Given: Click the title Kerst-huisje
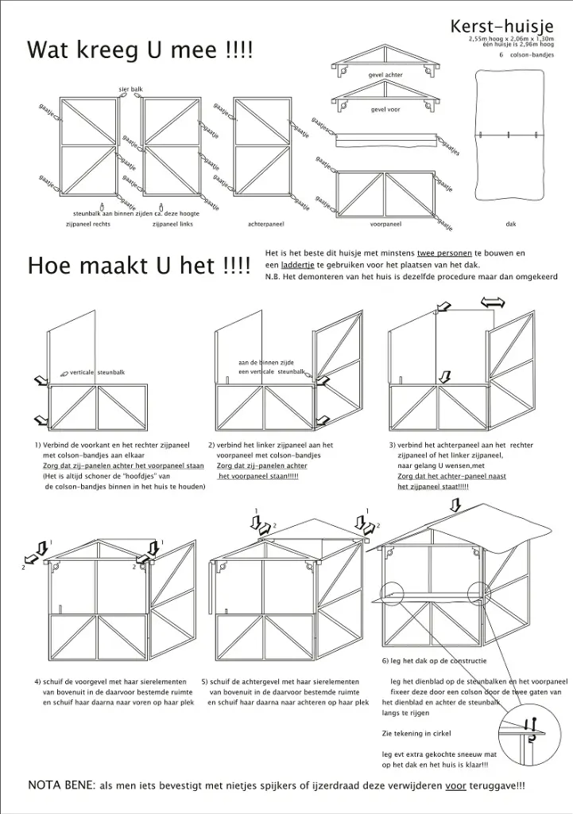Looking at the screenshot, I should coord(501,27).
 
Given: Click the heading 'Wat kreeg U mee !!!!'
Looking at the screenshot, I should coord(140,52).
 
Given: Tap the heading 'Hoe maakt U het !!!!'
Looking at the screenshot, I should coord(139,266).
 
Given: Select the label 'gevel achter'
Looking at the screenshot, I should coord(385,75).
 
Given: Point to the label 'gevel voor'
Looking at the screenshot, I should coord(385,110).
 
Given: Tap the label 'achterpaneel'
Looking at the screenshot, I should coord(265,224).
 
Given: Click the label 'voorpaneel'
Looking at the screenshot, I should coord(385,224).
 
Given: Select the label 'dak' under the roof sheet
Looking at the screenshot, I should coord(510,224).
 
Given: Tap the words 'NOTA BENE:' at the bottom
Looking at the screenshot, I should coord(61,785).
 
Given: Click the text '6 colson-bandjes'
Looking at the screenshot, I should coord(527,55).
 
